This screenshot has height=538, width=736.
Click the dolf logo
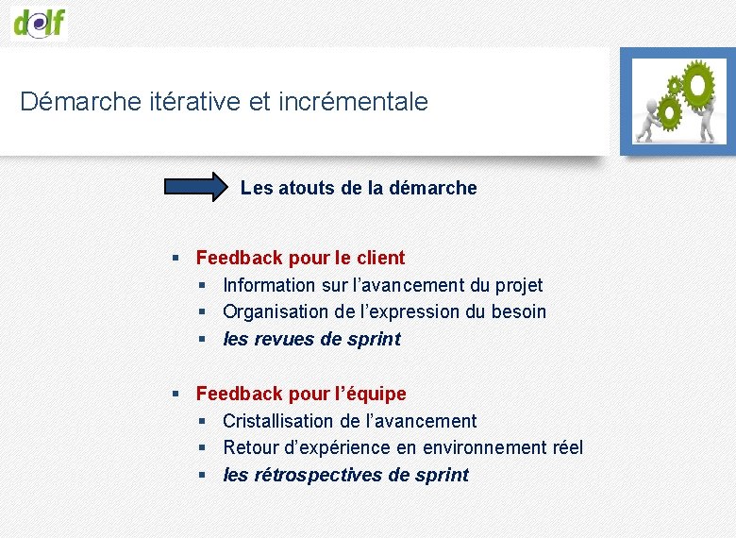[40, 20]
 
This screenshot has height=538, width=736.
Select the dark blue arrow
[197, 187]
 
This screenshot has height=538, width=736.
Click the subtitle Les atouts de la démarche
[359, 188]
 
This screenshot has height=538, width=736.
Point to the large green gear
[698, 85]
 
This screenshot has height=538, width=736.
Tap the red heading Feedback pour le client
[300, 258]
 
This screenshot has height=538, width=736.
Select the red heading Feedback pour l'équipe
[301, 394]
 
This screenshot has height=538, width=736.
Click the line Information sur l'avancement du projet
[382, 285]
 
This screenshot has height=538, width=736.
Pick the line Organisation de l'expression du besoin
[384, 311]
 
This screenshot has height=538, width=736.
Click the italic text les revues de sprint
[311, 339]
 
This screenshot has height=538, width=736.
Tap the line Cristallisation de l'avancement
[349, 421]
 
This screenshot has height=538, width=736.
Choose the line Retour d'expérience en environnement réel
[403, 447]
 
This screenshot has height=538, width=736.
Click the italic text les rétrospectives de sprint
[345, 475]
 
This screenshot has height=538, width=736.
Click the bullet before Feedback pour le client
[176, 259]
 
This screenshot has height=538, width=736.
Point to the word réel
[565, 447]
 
